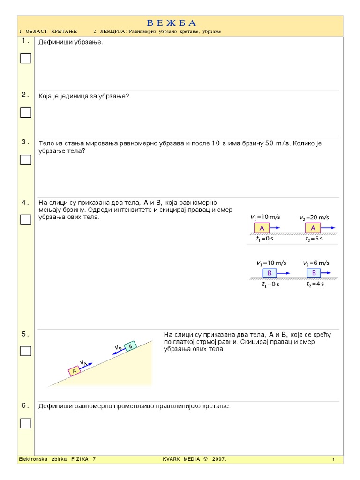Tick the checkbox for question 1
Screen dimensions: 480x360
click(26, 59)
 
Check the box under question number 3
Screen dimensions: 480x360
click(26, 160)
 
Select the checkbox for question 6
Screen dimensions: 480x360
click(26, 423)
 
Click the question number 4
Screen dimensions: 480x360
click(25, 202)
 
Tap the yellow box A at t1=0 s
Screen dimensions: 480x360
click(262, 228)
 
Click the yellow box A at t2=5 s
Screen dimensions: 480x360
click(313, 228)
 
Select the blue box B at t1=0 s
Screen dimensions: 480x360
click(269, 273)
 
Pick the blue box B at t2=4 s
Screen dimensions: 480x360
click(314, 273)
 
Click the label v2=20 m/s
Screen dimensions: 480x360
click(314, 217)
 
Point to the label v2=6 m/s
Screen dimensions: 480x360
click(315, 263)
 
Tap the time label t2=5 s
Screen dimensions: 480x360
click(314, 239)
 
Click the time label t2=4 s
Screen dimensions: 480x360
click(315, 284)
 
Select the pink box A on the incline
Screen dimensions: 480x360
click(74, 371)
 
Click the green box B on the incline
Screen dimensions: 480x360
click(131, 345)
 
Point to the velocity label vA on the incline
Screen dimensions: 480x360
click(83, 362)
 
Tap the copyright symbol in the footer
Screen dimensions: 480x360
click(205, 459)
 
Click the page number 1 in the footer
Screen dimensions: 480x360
click(333, 460)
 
